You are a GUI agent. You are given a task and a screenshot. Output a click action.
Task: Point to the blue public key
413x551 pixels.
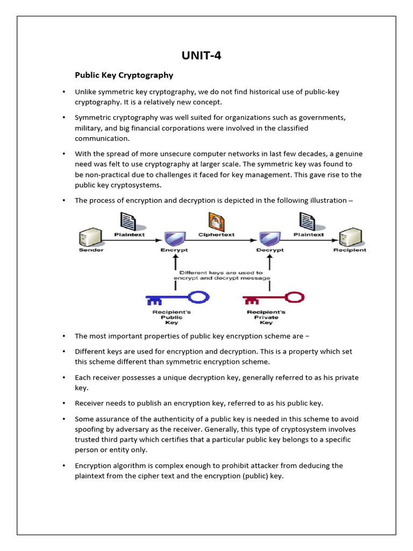(177, 298)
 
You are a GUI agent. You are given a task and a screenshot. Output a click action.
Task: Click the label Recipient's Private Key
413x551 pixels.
(266, 317)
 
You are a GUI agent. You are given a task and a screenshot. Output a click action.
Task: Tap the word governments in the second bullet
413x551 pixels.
(322, 117)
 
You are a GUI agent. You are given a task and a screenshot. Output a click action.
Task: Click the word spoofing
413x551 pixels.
(91, 429)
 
